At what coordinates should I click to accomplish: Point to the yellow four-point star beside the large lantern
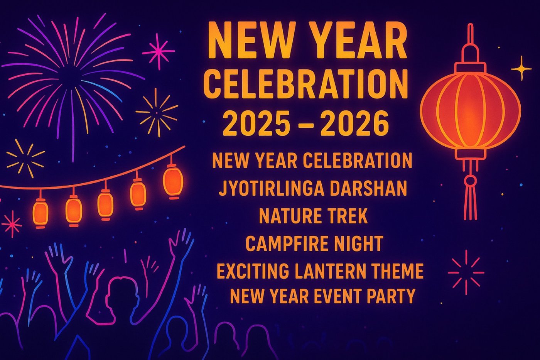pos(521,68)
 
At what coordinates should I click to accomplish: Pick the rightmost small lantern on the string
pos(173,181)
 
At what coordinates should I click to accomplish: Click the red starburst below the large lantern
pos(466,272)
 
